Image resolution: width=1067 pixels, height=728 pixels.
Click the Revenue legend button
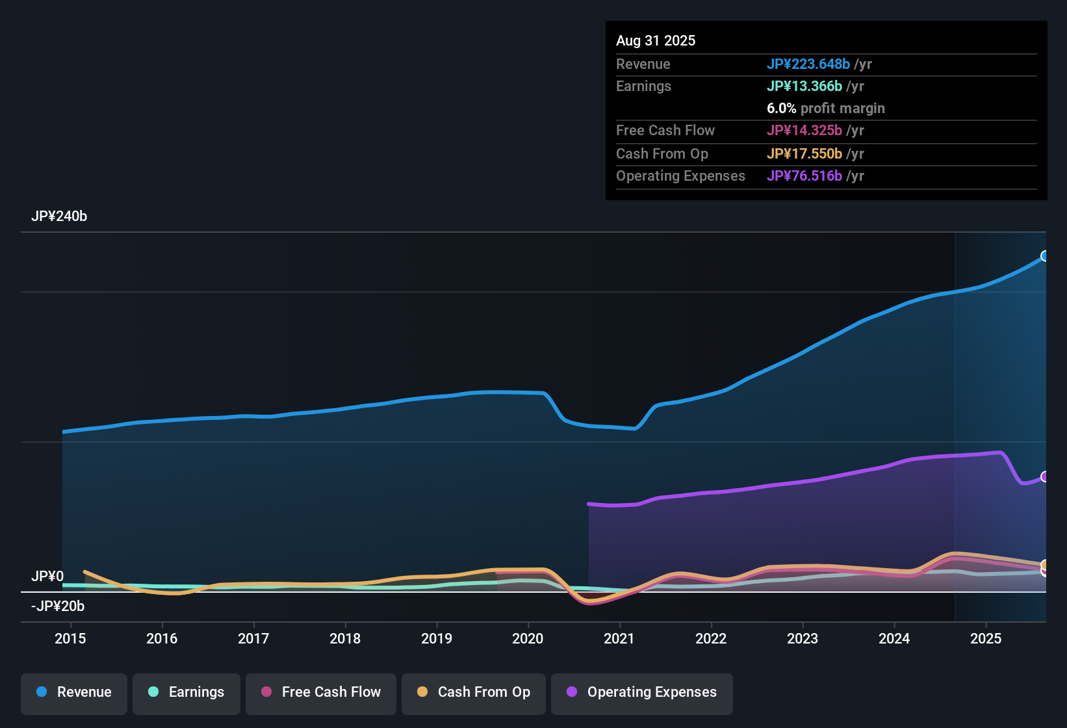click(x=74, y=692)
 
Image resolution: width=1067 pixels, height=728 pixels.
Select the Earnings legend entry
click(x=186, y=692)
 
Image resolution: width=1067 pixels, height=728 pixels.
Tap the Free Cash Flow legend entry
click(x=321, y=692)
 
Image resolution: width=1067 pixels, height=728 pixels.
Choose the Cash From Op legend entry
click(x=474, y=692)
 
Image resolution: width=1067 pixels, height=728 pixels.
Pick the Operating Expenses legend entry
click(x=642, y=692)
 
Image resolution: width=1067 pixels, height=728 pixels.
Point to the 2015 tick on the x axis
click(x=70, y=638)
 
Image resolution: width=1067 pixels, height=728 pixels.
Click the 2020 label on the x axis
click(x=528, y=638)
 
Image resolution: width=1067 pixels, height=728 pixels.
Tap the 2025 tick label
click(x=986, y=638)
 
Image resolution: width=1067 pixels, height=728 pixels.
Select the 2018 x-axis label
click(x=345, y=638)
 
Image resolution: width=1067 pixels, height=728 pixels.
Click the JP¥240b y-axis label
click(x=59, y=216)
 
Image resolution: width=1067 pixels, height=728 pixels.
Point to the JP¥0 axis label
click(x=47, y=577)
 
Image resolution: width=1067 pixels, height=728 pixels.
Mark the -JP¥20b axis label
click(x=58, y=606)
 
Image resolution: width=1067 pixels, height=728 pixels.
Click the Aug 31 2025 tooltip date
click(x=656, y=41)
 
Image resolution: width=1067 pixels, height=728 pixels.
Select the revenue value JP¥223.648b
click(x=808, y=64)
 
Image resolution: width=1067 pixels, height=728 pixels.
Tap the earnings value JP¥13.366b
click(x=804, y=86)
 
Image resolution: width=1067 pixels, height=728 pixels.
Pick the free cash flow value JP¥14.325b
click(x=804, y=131)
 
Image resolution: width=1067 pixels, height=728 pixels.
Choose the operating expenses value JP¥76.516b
click(x=804, y=176)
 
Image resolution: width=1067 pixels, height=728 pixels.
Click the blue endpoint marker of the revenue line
click(x=1045, y=256)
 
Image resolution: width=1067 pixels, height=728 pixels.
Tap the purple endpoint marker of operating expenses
click(x=1045, y=476)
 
